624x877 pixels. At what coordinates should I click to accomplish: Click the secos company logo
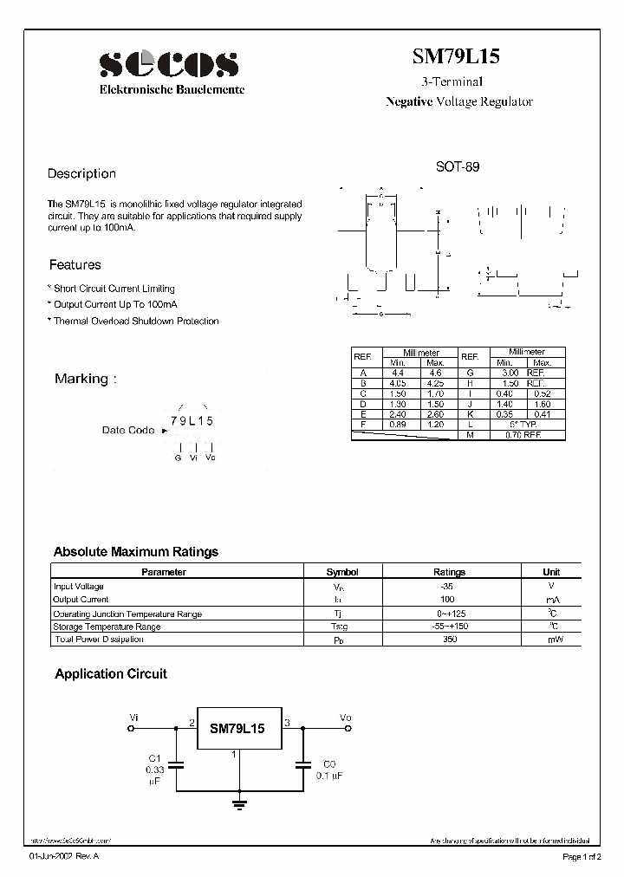[169, 63]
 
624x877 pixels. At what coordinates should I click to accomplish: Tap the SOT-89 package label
[457, 166]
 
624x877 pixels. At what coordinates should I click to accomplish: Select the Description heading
[81, 173]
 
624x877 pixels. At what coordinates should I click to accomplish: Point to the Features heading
[75, 265]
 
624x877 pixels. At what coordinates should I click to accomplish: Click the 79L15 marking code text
[192, 420]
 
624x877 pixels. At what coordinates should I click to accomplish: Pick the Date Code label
[128, 430]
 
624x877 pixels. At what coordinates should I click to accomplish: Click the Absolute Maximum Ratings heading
[136, 552]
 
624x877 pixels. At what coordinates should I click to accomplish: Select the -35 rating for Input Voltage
[447, 587]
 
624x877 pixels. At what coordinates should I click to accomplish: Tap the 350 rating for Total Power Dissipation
[447, 640]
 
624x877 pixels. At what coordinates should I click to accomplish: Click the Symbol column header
[341, 572]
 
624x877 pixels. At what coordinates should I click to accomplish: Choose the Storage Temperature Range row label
[107, 627]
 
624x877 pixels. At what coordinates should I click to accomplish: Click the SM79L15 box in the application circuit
[237, 730]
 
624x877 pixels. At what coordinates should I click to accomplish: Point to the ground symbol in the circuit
[237, 805]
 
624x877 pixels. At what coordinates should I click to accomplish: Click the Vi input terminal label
[133, 718]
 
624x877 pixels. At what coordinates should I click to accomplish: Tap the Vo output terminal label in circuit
[345, 718]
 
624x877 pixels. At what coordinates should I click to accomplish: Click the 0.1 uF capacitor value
[328, 776]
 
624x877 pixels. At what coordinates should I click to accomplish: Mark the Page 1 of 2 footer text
[586, 857]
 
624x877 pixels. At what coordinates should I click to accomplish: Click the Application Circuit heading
[111, 673]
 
